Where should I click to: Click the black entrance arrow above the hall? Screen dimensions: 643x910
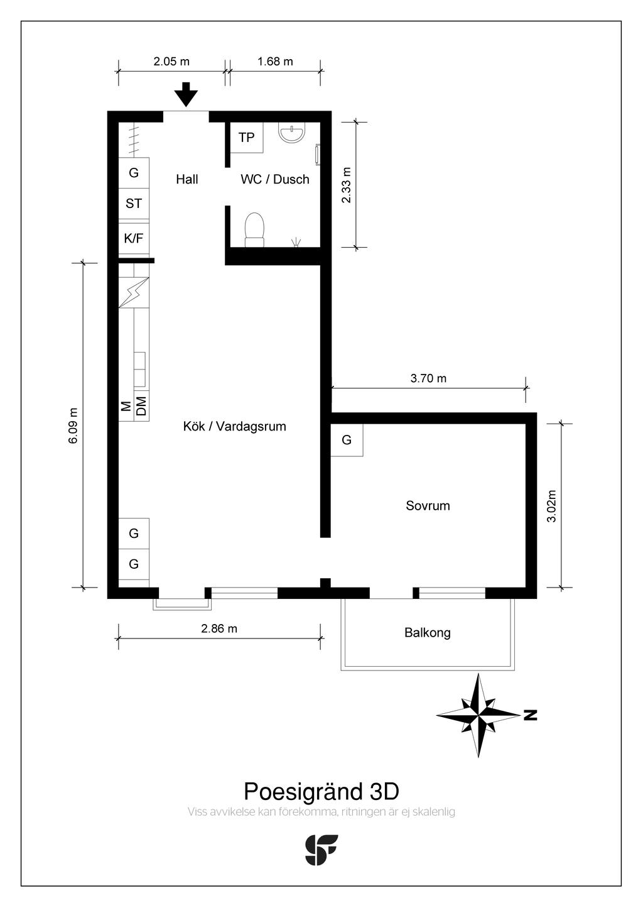pyautogui.click(x=186, y=94)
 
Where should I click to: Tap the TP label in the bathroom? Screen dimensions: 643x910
pyautogui.click(x=246, y=138)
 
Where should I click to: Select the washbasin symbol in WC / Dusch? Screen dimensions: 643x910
pyautogui.click(x=291, y=133)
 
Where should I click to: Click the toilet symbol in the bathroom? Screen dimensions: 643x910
pyautogui.click(x=254, y=230)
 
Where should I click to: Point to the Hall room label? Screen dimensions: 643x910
pyautogui.click(x=186, y=179)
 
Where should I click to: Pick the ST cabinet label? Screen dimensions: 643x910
pyautogui.click(x=134, y=204)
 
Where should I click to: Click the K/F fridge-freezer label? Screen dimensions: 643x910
pyautogui.click(x=134, y=238)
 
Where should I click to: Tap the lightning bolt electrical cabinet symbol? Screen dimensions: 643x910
pyautogui.click(x=134, y=292)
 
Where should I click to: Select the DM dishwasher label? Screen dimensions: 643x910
pyautogui.click(x=141, y=406)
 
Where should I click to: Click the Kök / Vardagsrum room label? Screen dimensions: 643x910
pyautogui.click(x=235, y=426)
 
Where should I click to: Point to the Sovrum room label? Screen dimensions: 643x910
pyautogui.click(x=428, y=506)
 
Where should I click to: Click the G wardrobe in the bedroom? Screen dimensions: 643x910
pyautogui.click(x=346, y=439)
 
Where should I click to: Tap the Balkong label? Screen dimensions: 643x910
pyautogui.click(x=428, y=632)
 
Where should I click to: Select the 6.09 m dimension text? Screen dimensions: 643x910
pyautogui.click(x=73, y=425)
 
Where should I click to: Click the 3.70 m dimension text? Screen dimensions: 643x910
pyautogui.click(x=428, y=378)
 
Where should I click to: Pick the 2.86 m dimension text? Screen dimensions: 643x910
pyautogui.click(x=219, y=628)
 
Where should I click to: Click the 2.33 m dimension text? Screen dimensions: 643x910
pyautogui.click(x=346, y=185)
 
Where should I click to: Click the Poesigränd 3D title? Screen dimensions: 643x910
pyautogui.click(x=321, y=791)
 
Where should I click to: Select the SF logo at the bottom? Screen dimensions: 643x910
pyautogui.click(x=321, y=850)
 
